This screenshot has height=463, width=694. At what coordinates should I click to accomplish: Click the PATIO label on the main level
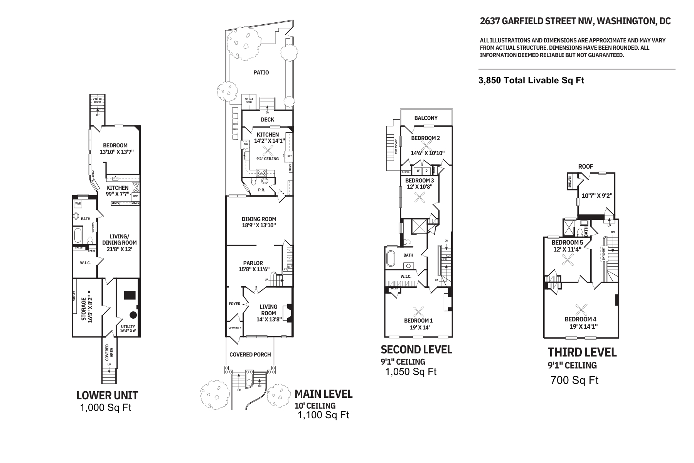tap(261, 73)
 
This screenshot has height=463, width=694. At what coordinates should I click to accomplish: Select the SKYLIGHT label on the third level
tap(603, 254)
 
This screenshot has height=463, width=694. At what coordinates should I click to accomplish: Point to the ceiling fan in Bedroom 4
tap(581, 310)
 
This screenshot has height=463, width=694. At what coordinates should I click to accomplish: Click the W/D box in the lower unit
tap(78, 203)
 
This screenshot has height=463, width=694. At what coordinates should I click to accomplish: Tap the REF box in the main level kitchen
tap(290, 156)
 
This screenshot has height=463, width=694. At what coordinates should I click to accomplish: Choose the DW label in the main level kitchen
tap(246, 144)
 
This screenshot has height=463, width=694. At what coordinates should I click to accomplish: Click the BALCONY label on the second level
tap(426, 118)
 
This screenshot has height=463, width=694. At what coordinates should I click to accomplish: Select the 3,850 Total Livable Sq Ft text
tap(531, 81)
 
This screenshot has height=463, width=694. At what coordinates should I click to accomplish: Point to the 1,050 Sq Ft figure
tap(411, 372)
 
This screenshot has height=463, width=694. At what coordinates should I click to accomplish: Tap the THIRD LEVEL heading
tap(582, 352)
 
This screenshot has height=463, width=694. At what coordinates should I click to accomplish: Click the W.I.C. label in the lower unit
tap(85, 263)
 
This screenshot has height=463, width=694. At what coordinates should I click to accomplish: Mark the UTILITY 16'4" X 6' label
tap(128, 329)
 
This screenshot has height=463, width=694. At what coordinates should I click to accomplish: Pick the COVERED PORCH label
tap(250, 355)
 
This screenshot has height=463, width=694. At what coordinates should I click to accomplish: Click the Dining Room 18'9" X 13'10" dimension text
tap(259, 225)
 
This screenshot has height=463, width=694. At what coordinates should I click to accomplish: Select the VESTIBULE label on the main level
tap(235, 328)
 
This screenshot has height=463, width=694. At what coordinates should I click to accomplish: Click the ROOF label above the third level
tap(585, 167)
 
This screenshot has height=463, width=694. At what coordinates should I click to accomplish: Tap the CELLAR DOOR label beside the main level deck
tap(249, 101)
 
